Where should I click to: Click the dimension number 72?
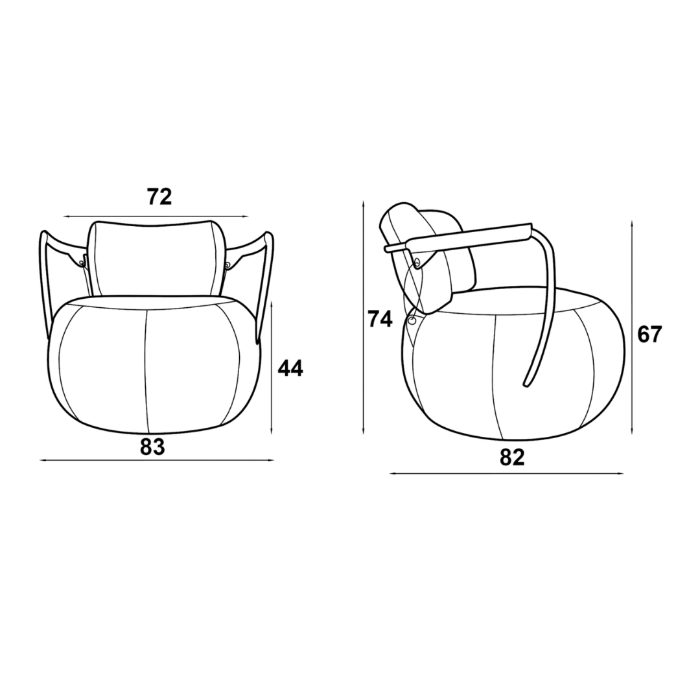click(x=159, y=196)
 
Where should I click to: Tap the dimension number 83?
click(x=153, y=447)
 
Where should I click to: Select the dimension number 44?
click(x=290, y=368)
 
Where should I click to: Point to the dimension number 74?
click(x=380, y=319)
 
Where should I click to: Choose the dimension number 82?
click(x=512, y=457)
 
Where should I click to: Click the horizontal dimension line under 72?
click(x=156, y=216)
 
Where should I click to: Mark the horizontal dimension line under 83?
click(x=157, y=460)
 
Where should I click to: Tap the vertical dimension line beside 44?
click(x=272, y=367)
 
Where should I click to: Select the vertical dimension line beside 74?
click(x=364, y=318)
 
